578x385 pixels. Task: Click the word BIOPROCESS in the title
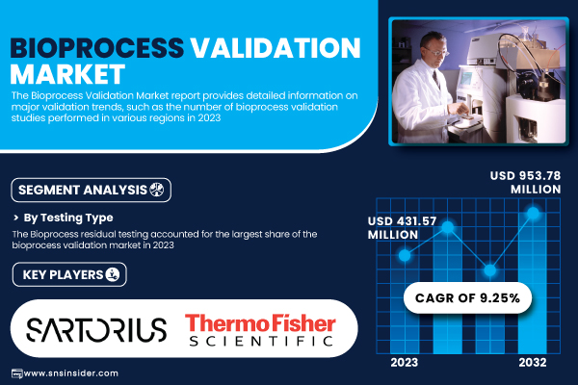(x=97, y=48)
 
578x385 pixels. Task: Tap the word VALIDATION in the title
(x=276, y=48)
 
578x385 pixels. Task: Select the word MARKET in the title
(x=67, y=74)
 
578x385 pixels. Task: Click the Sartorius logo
(x=96, y=329)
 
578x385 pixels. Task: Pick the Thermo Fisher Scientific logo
(x=261, y=329)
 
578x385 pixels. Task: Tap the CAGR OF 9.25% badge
(x=467, y=297)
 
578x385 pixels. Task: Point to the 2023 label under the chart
(x=405, y=363)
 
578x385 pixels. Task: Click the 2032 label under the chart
(x=533, y=363)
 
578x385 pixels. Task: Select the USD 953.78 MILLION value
(x=525, y=182)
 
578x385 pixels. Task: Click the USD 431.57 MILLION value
(x=402, y=228)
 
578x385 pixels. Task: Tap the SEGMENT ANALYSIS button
(x=92, y=191)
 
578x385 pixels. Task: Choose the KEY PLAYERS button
(x=69, y=274)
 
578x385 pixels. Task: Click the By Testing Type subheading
(x=68, y=218)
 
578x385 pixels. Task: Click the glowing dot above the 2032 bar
(x=533, y=213)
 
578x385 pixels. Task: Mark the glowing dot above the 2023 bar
(x=405, y=255)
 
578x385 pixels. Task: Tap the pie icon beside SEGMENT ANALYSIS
(x=157, y=190)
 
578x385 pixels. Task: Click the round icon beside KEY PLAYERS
(x=113, y=274)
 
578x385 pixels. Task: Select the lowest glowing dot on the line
(x=490, y=270)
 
